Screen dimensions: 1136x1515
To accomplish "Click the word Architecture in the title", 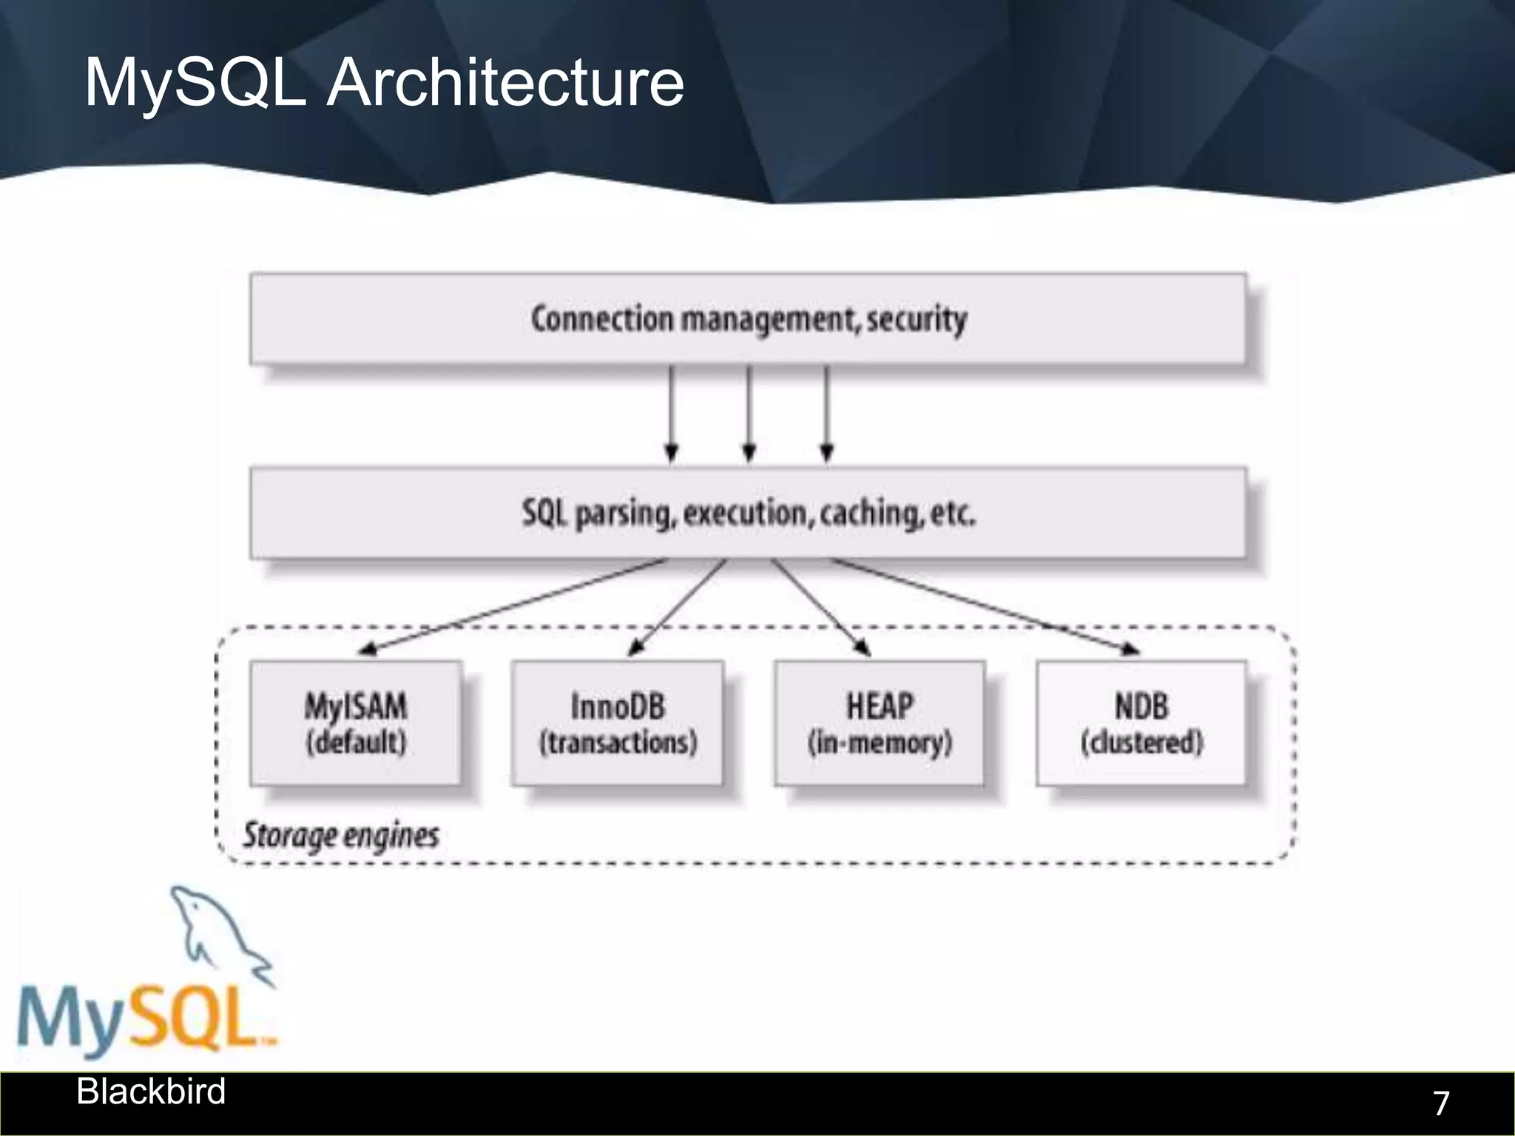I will pos(505,83).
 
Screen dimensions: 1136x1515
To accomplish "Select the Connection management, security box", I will pos(747,319).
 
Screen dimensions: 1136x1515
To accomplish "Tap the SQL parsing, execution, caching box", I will pos(747,513).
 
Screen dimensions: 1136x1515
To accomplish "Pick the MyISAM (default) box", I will pos(355,723).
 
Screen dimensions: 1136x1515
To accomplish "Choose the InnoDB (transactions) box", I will pos(617,723).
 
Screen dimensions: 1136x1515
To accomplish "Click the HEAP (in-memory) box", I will pos(879,723).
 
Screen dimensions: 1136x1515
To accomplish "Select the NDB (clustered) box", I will pos(1141,723).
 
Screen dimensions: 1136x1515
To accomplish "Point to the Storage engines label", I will pos(341,836).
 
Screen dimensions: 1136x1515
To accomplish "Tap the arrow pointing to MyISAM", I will pos(510,607).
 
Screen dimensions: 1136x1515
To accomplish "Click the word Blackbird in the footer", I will pos(151,1092).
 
